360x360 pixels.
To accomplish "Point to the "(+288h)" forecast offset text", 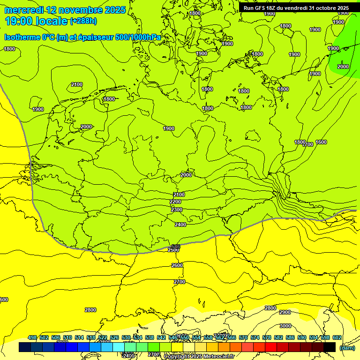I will click(83, 21).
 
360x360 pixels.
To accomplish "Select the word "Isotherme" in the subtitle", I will click(22, 37).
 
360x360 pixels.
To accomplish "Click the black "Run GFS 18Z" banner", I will click(296, 8).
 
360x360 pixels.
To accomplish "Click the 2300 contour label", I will click(176, 210).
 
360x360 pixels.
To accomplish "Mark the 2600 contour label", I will click(177, 266).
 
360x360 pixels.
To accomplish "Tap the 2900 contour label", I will click(285, 312).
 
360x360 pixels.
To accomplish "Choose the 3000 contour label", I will click(285, 326).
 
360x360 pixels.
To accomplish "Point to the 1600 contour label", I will click(321, 142).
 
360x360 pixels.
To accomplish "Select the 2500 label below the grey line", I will click(173, 250).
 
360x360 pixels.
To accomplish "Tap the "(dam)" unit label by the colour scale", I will click(347, 347).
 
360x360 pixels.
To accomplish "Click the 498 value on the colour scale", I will click(32, 337).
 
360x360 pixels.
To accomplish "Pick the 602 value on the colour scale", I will click(337, 337).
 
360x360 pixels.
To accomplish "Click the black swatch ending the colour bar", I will click(330, 347).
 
